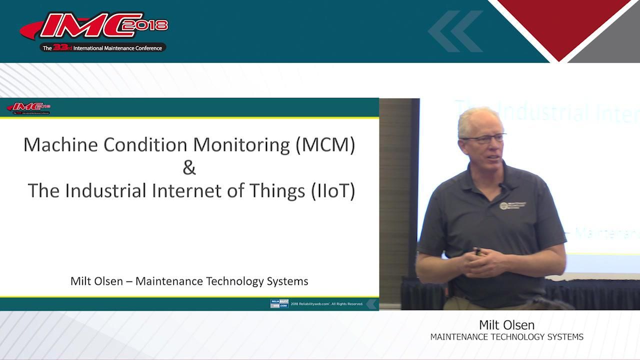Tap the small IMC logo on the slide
pos(29,108)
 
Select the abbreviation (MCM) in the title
pos(325,144)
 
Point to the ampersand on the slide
pos(189,167)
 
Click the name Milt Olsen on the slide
pos(96,281)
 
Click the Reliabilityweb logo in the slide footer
pos(279,303)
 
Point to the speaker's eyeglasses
pos(482,138)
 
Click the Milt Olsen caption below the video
pos(506,325)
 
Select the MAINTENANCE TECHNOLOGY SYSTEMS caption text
pos(506,337)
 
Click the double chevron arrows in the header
pos(455,31)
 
